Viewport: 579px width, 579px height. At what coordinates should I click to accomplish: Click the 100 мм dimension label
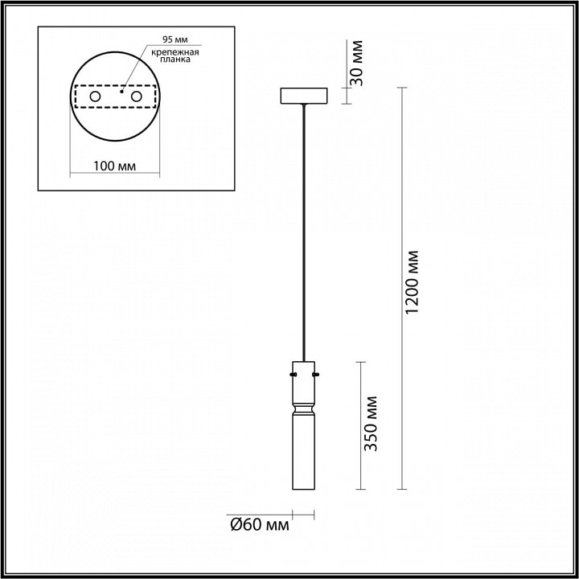point(114,166)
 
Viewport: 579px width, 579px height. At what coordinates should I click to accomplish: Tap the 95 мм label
point(175,39)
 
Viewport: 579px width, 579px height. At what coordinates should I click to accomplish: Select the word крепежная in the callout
point(175,52)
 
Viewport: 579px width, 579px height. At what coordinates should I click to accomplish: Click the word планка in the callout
point(175,60)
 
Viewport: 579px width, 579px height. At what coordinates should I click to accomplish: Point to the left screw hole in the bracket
point(95,96)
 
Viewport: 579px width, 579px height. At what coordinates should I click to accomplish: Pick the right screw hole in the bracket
point(136,96)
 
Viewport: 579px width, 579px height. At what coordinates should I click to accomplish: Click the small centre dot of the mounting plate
point(121,91)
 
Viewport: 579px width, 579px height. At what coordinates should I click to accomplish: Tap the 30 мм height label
point(356,63)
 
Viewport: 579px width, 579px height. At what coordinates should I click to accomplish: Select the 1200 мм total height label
point(412,282)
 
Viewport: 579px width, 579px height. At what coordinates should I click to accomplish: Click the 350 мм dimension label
point(371,424)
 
